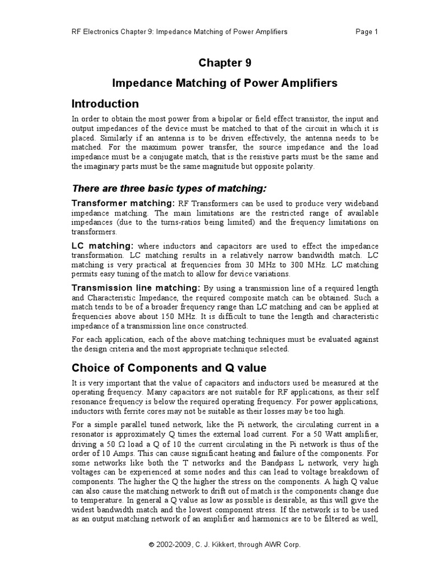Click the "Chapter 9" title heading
point(225,63)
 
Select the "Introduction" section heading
point(105,104)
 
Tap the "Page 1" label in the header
point(367,31)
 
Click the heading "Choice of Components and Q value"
point(169,368)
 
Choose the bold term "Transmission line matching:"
point(136,288)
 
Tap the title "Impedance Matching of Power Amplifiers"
point(225,83)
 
